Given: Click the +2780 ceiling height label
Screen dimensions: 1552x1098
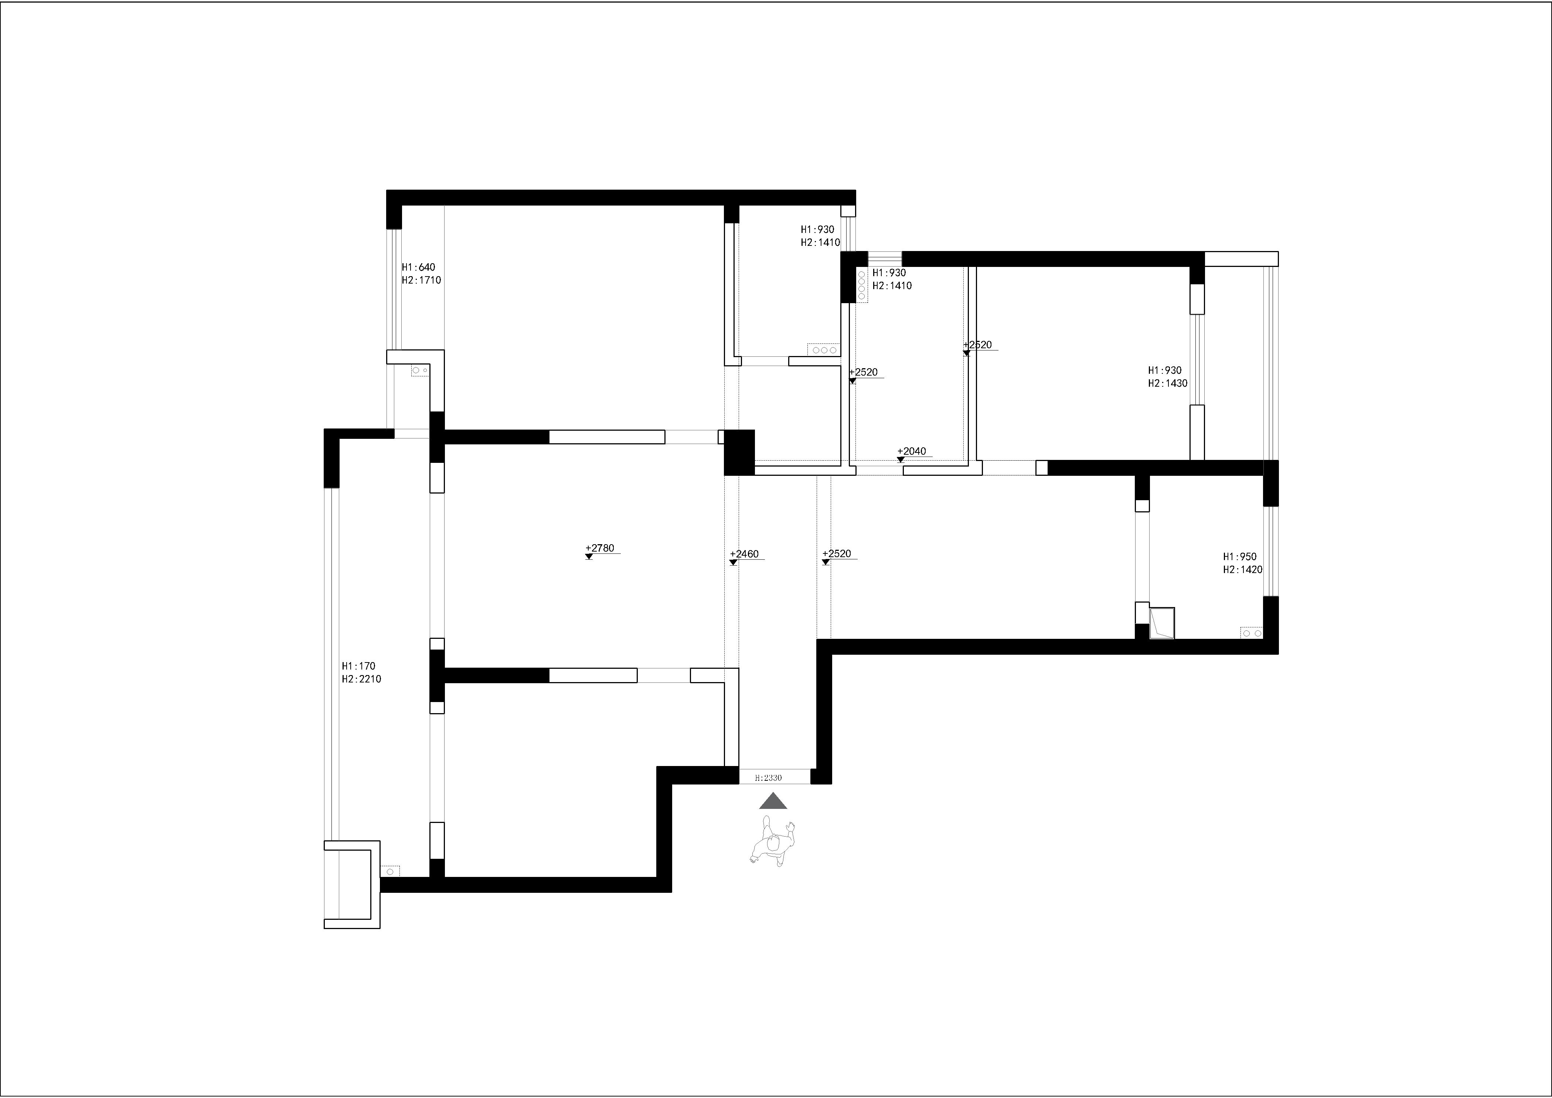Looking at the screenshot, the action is (600, 548).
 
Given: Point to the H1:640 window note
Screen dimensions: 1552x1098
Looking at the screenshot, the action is (418, 267).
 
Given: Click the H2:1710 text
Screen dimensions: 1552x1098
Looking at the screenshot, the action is (421, 280).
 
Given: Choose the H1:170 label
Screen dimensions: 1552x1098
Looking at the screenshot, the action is (358, 666).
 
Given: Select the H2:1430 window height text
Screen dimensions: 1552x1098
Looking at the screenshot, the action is (1167, 383).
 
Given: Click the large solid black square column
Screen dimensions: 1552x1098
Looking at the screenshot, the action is (739, 452).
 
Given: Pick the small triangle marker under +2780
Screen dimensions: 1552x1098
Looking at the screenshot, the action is (589, 556).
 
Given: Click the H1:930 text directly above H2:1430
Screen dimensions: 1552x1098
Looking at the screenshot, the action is (1165, 370).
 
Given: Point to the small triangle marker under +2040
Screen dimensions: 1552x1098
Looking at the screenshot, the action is (901, 460).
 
